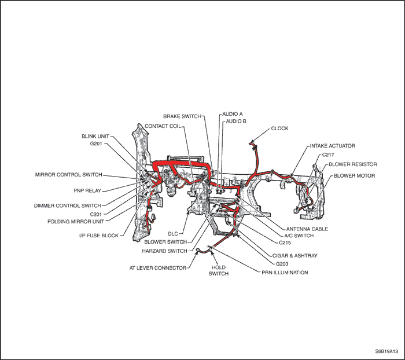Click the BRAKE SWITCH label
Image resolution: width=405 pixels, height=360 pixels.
tap(182, 116)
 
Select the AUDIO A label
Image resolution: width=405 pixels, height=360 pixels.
tap(233, 113)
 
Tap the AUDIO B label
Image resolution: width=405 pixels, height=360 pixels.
tap(236, 121)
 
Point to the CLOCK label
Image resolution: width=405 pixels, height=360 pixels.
tap(279, 128)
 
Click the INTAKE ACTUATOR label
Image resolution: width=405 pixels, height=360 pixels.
tap(333, 146)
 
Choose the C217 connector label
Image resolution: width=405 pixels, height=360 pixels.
tap(328, 155)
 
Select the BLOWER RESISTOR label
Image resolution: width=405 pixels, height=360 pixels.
tap(353, 164)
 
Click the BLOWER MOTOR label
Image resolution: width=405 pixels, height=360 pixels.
tap(354, 176)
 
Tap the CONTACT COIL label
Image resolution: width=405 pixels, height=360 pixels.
tap(163, 126)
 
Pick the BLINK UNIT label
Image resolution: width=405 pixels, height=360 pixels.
tap(95, 136)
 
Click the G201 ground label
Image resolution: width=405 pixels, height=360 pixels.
tap(96, 144)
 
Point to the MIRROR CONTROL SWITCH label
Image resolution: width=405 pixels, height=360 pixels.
tap(69, 175)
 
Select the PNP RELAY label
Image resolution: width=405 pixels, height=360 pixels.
tap(87, 191)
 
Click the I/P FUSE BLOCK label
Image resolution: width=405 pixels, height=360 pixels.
tap(99, 236)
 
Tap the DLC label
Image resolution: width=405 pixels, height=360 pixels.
tap(173, 234)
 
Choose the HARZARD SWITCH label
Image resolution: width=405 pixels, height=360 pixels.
tap(164, 251)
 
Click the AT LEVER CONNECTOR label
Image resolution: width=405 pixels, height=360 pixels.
tap(158, 268)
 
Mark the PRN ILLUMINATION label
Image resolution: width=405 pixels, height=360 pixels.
tap(285, 273)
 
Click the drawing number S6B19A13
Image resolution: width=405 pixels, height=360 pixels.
tap(386, 351)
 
